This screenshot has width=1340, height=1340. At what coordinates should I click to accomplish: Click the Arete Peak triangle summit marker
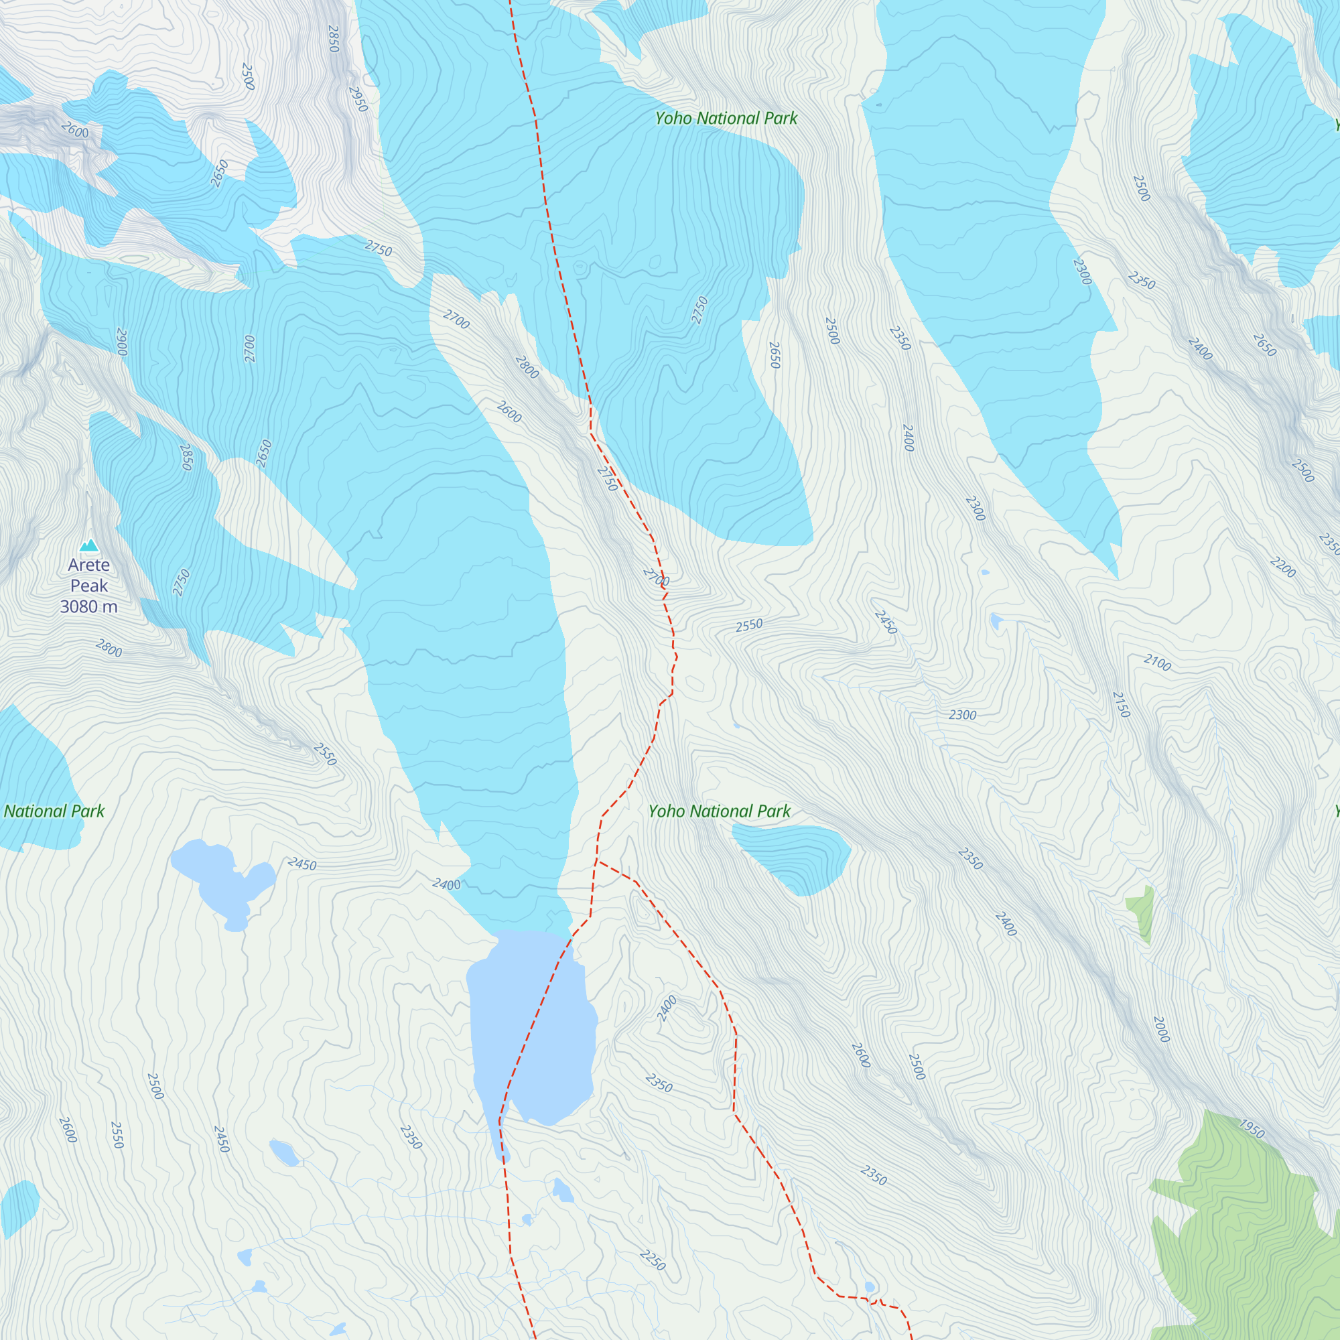89,545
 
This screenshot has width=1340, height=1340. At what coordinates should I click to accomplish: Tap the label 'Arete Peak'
89,575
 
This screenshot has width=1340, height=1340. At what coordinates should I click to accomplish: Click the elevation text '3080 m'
89,607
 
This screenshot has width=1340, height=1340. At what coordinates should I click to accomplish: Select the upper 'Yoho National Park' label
726,119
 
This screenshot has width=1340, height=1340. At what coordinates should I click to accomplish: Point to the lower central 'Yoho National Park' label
719,811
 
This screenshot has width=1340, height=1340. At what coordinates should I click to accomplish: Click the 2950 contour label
357,99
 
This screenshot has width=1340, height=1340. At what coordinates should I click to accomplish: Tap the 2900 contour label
121,342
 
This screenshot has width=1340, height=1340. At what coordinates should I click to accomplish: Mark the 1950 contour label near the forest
1252,1129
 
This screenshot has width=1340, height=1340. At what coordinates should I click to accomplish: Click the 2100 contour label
1157,663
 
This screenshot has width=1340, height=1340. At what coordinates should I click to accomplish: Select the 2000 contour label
1161,1029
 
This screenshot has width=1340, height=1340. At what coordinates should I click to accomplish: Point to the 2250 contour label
652,1260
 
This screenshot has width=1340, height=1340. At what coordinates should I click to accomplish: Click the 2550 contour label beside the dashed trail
749,625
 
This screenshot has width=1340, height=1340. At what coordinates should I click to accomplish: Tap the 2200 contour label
1282,567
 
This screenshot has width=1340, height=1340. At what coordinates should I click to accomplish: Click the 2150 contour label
1121,704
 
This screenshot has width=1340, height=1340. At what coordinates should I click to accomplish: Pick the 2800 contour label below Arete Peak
109,648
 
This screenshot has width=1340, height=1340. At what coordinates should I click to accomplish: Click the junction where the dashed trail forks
596,861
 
